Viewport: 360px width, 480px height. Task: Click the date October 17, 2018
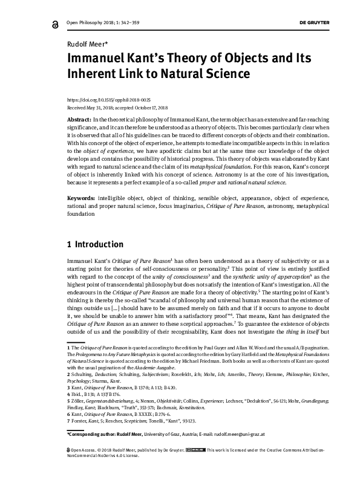(x=154, y=106)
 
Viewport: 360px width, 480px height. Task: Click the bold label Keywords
(x=80, y=198)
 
